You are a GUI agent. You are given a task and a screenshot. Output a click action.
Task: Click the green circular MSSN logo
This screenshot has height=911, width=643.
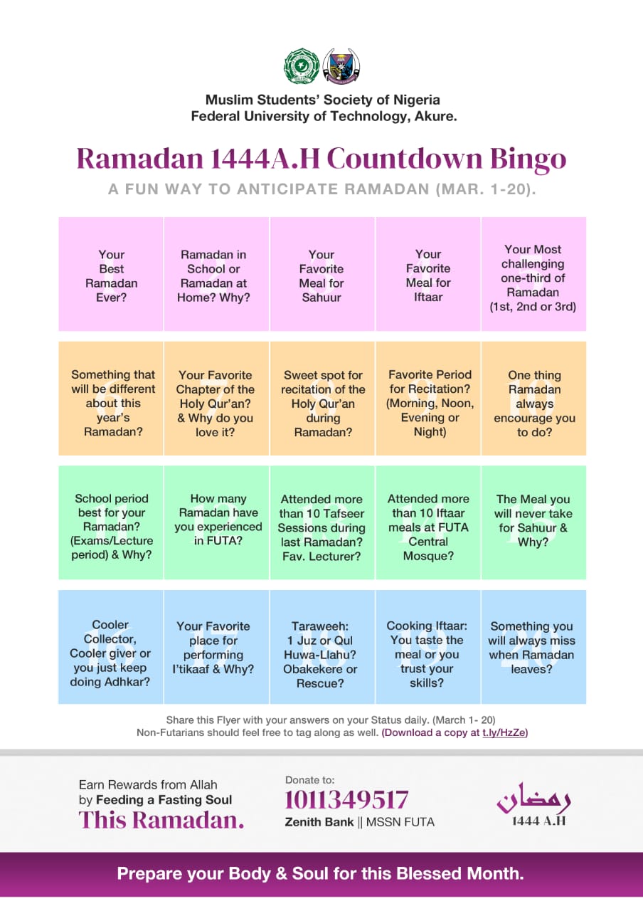(x=300, y=65)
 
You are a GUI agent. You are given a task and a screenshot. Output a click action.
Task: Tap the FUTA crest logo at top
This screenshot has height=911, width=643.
(x=341, y=65)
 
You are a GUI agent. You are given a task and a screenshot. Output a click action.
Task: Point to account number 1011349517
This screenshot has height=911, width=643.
(x=346, y=800)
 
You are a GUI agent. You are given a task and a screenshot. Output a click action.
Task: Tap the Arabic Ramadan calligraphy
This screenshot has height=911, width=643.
(x=533, y=799)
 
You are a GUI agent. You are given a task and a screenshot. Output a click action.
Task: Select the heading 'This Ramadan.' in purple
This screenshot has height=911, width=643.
(x=161, y=820)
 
